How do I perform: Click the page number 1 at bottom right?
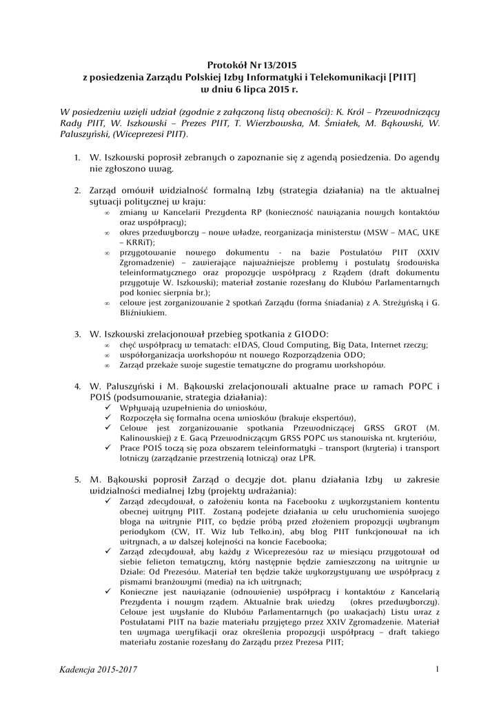coord(438,669)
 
